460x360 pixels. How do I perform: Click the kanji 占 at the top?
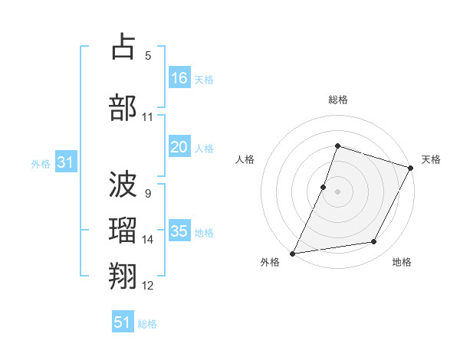123,47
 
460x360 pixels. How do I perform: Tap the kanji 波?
123,184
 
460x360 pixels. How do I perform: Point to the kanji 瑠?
123,230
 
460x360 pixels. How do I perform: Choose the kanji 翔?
123,276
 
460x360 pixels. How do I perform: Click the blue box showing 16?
179,78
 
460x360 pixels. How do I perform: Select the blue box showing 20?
179,148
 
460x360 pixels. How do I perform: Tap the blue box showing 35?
179,231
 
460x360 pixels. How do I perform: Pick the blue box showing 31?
66,162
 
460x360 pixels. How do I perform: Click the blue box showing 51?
123,322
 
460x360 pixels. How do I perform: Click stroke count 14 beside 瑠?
148,240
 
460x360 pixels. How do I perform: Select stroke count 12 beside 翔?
148,286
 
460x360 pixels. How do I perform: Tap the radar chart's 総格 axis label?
337,100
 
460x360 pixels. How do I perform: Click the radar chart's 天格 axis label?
431,159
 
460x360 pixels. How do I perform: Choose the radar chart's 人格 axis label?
245,159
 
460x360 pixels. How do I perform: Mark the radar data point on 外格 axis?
292,254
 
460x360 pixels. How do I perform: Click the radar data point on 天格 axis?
411,168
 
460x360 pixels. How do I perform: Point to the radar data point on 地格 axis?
374,242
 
